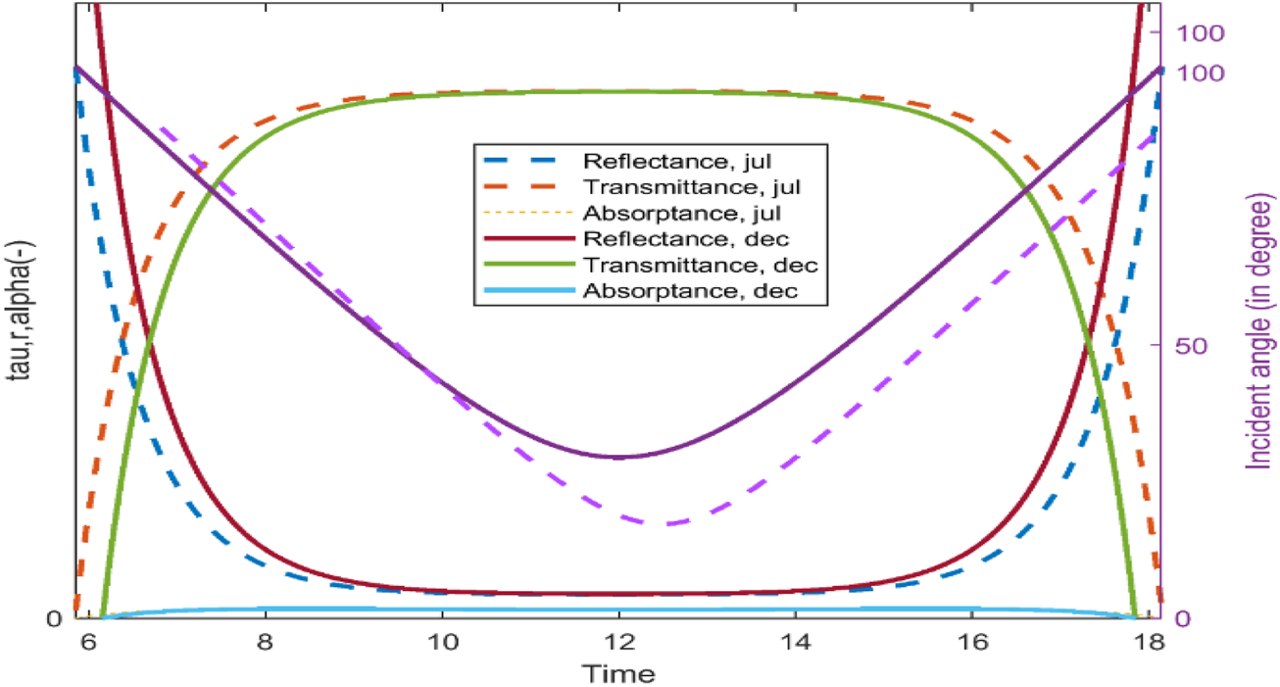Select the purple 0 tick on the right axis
point(1181,618)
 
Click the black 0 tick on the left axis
point(57,618)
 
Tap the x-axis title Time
point(618,673)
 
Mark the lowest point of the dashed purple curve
point(667,523)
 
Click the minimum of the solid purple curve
point(617,457)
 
